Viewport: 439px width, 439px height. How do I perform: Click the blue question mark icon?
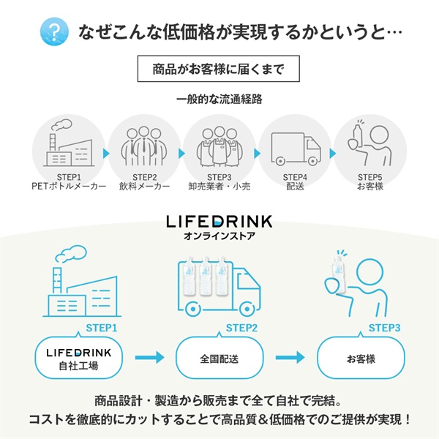(53, 32)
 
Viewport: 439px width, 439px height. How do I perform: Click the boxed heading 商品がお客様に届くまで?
(219, 71)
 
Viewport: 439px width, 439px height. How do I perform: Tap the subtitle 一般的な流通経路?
(219, 99)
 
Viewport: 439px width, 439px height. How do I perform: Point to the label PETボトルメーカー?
(70, 187)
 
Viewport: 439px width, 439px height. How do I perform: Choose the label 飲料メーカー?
(144, 187)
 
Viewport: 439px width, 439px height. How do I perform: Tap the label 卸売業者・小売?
(219, 187)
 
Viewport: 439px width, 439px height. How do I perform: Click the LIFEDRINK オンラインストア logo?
(219, 226)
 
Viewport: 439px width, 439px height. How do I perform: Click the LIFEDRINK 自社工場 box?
(80, 358)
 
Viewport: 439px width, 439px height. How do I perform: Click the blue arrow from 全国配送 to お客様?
(290, 358)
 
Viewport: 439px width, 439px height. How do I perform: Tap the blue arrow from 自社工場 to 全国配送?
(149, 358)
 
